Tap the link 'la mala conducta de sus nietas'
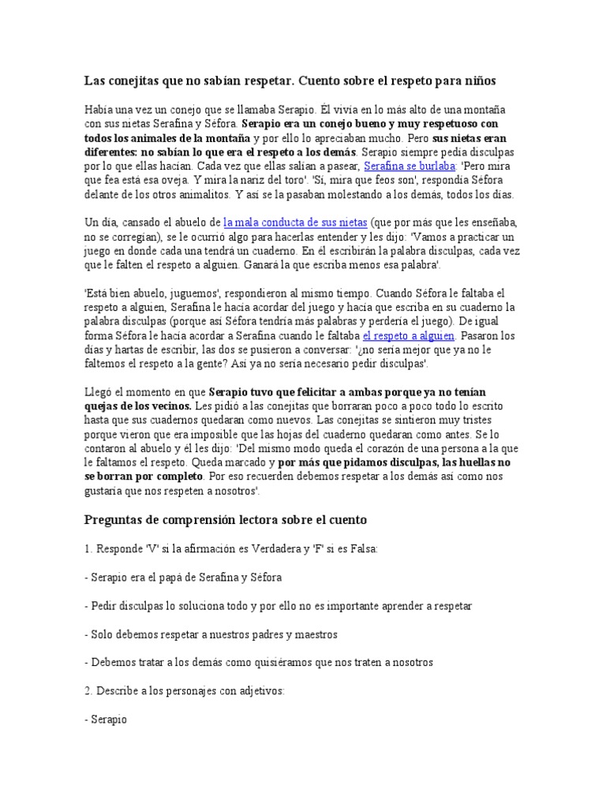click(x=290, y=223)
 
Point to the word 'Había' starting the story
click(x=99, y=110)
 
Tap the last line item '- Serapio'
click(x=106, y=719)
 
